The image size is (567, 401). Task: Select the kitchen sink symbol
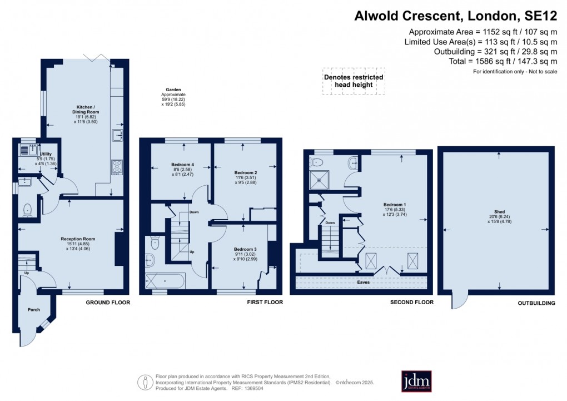[117, 135]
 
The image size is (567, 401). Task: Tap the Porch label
[34, 310]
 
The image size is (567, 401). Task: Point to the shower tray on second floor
[320, 180]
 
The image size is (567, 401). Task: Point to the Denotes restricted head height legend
[354, 81]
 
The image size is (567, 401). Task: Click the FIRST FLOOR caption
[265, 303]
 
